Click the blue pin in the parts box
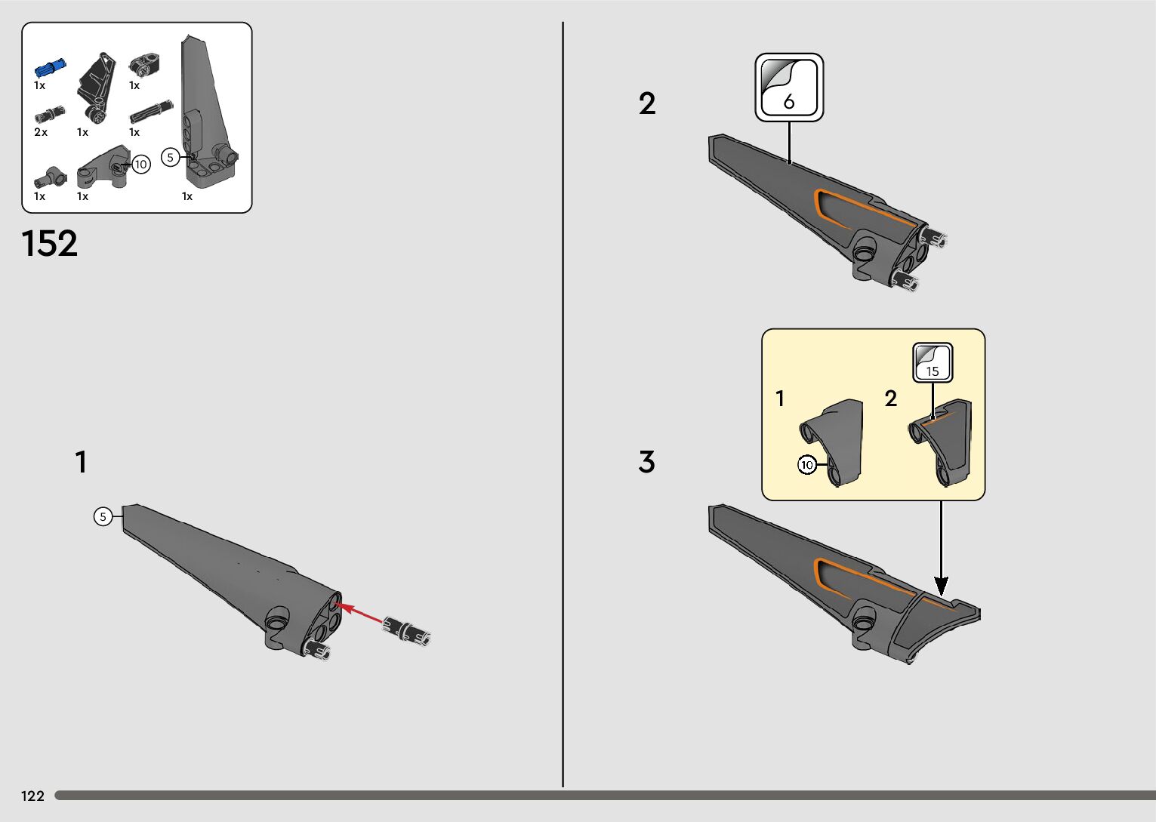(x=50, y=68)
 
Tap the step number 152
(x=50, y=244)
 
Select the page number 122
(x=32, y=796)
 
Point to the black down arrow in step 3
(x=941, y=549)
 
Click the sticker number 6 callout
(x=789, y=88)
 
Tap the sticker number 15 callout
(x=933, y=363)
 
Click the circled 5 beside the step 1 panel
(x=103, y=516)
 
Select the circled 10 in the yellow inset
(x=806, y=465)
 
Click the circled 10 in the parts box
(x=141, y=165)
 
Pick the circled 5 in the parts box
(x=171, y=158)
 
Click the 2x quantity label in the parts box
(x=41, y=132)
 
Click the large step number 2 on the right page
(x=647, y=103)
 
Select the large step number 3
(x=646, y=461)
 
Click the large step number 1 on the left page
(x=81, y=461)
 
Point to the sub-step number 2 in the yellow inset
(x=891, y=399)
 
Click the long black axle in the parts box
(x=151, y=112)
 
